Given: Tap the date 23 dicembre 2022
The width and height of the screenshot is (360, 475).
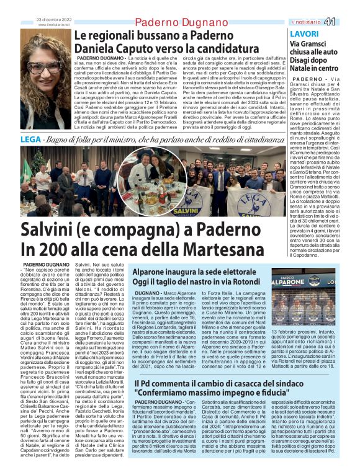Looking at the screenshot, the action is click(55, 20).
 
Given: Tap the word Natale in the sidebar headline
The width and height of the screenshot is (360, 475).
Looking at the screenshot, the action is click(302, 69).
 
